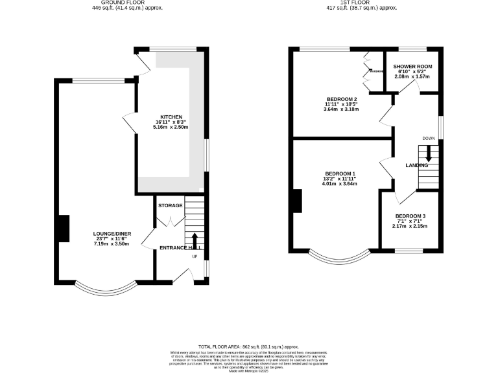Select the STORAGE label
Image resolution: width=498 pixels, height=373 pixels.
coord(170,205)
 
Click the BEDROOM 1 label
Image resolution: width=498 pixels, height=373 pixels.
coord(340,174)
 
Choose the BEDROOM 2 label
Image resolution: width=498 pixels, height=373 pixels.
coord(341,99)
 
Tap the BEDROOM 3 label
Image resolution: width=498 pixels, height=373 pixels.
coord(411,216)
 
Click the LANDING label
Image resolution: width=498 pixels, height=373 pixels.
coord(417,166)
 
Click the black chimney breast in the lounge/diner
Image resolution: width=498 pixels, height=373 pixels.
coord(64,229)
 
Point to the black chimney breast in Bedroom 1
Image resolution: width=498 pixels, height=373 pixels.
coord(296,201)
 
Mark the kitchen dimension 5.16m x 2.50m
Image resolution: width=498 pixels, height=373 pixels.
coord(171,128)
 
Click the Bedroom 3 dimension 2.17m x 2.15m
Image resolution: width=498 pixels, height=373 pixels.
coord(411,227)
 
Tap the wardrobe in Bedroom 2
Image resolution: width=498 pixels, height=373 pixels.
coord(367,71)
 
